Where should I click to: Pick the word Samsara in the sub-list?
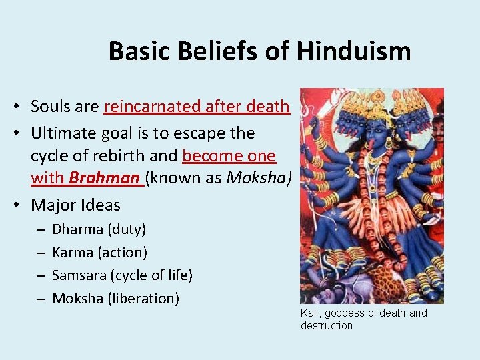tap(79, 275)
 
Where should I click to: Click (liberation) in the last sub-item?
tap(143, 298)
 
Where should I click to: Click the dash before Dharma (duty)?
tap(41, 229)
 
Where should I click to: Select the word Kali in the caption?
tap(309, 313)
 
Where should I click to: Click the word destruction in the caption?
tap(327, 325)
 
